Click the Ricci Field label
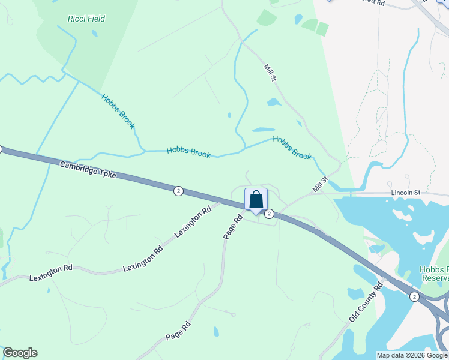87,19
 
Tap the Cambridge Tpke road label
88,170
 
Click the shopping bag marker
256,200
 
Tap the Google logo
20,353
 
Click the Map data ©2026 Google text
412,355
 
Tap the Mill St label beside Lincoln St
319,184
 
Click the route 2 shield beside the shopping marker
270,214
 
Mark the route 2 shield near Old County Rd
414,296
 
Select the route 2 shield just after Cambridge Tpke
178,190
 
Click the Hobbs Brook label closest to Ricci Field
118,111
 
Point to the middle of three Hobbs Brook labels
188,152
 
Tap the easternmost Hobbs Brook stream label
292,147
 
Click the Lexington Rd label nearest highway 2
193,221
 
